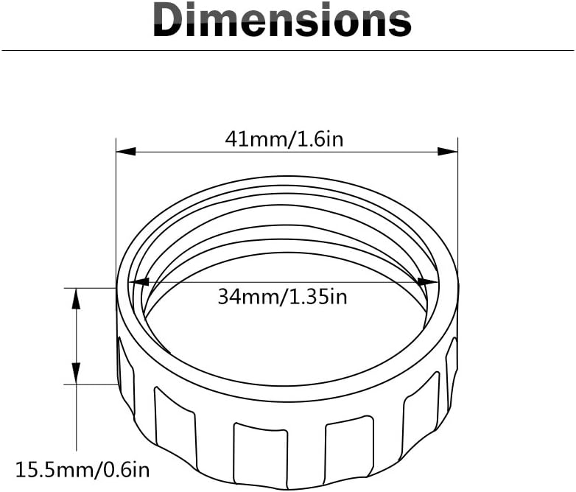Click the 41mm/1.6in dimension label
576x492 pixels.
tap(284, 140)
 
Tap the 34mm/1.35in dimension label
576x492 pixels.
tap(282, 297)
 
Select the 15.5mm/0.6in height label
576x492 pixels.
tap(82, 470)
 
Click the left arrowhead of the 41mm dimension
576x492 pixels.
tap(126, 151)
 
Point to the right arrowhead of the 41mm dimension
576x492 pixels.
tap(448, 151)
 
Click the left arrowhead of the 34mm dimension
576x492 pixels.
tap(139, 282)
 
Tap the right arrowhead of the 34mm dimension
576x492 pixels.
tap(428, 282)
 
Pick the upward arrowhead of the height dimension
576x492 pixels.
tap(76, 299)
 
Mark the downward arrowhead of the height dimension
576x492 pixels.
tap(76, 373)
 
